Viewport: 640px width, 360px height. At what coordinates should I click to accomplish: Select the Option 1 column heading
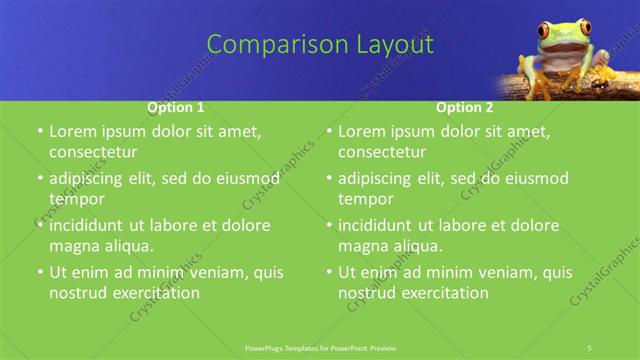[x=176, y=107]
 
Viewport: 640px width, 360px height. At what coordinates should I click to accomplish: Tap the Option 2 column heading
[x=464, y=107]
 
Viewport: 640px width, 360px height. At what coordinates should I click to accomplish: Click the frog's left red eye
[x=545, y=31]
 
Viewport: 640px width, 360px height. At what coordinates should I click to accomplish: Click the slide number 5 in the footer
[x=590, y=346]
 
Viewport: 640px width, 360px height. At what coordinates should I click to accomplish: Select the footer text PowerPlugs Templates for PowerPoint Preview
[x=320, y=346]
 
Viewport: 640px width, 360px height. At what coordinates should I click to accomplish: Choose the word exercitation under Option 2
[x=441, y=293]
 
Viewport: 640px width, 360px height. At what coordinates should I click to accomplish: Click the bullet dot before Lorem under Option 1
[x=39, y=132]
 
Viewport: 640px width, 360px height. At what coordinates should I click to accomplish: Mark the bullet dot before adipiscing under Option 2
[x=328, y=179]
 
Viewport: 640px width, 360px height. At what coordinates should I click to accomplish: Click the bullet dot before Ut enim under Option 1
[x=39, y=272]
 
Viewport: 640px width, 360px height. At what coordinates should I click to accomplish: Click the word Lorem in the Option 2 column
[x=363, y=131]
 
